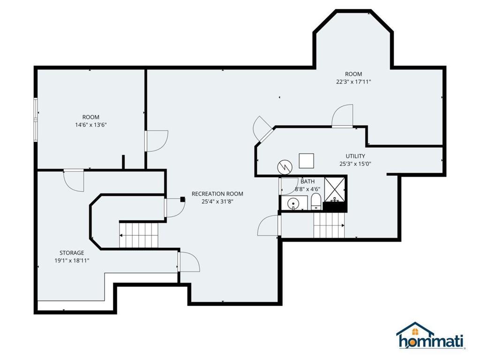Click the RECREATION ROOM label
(217, 194)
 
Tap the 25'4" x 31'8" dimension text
(217, 202)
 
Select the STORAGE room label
(72, 253)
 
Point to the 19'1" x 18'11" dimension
(72, 261)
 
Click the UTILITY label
(355, 156)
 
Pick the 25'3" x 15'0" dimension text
(355, 164)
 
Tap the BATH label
(307, 181)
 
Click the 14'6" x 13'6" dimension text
(91, 125)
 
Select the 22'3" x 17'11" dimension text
(353, 82)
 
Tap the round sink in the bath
(293, 203)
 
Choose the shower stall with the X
(335, 189)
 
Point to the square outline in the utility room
(307, 161)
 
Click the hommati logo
(431, 336)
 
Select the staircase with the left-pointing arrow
(139, 235)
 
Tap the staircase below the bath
(329, 225)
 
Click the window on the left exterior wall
(36, 120)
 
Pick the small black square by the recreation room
(183, 199)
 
